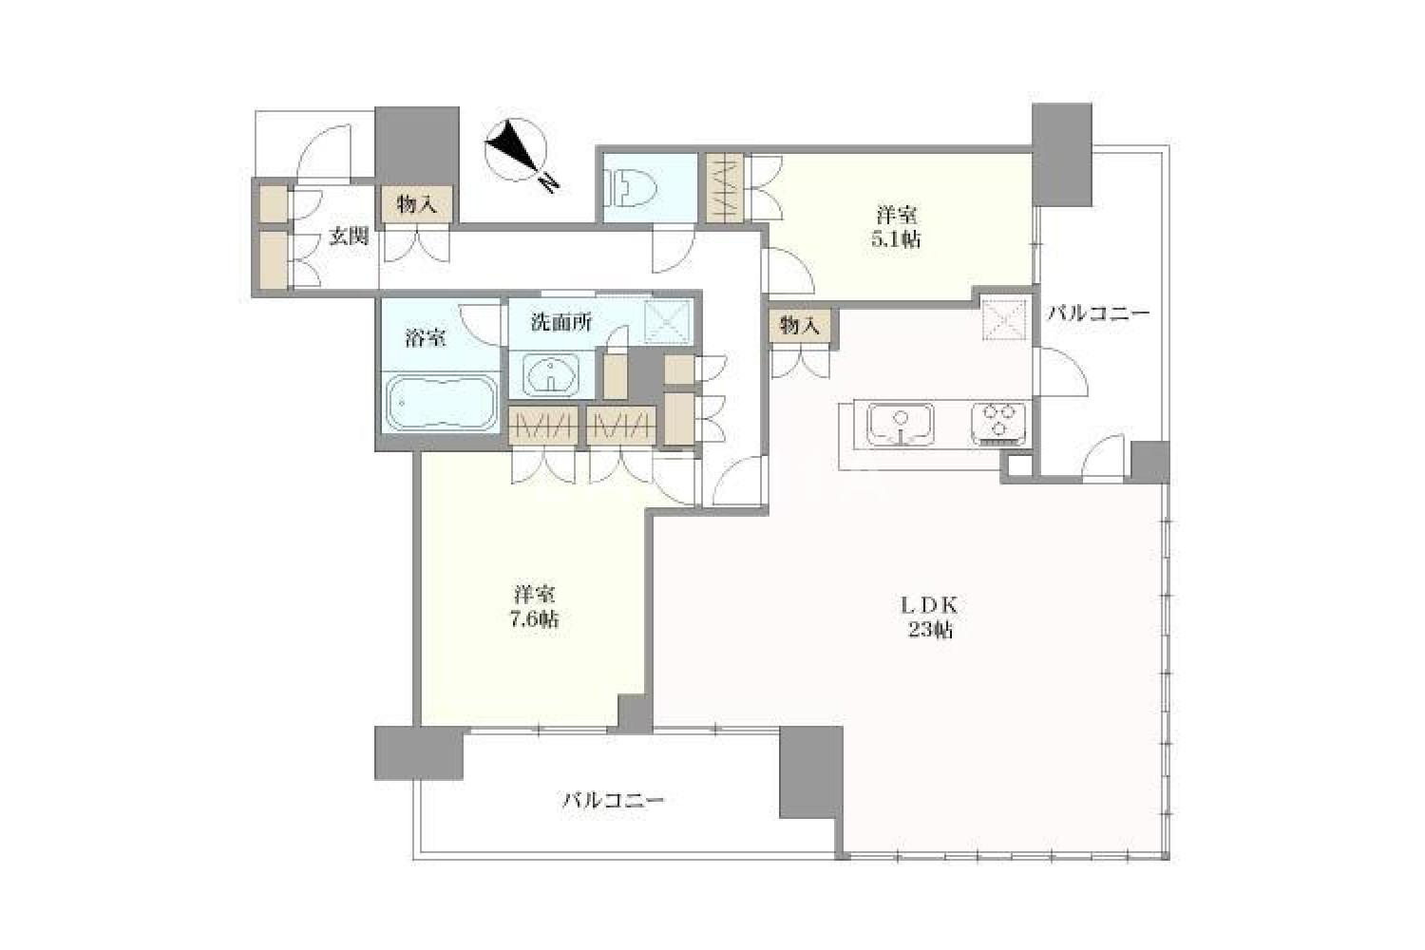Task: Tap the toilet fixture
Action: (631, 188)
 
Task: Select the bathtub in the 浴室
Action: (443, 403)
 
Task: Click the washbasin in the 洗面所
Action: (551, 375)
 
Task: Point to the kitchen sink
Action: (901, 424)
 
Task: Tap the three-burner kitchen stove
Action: (998, 423)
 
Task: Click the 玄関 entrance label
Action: (348, 237)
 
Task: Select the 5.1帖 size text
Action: (897, 240)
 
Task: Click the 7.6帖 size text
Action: (536, 618)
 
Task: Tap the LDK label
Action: (929, 605)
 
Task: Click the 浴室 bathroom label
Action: (425, 338)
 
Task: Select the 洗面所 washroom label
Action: (561, 323)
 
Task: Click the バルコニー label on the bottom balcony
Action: (613, 800)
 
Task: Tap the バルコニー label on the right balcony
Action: (1098, 313)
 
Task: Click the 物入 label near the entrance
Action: (417, 204)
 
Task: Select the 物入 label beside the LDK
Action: (800, 326)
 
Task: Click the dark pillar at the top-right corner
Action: (1062, 155)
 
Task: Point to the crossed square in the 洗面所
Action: (667, 322)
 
